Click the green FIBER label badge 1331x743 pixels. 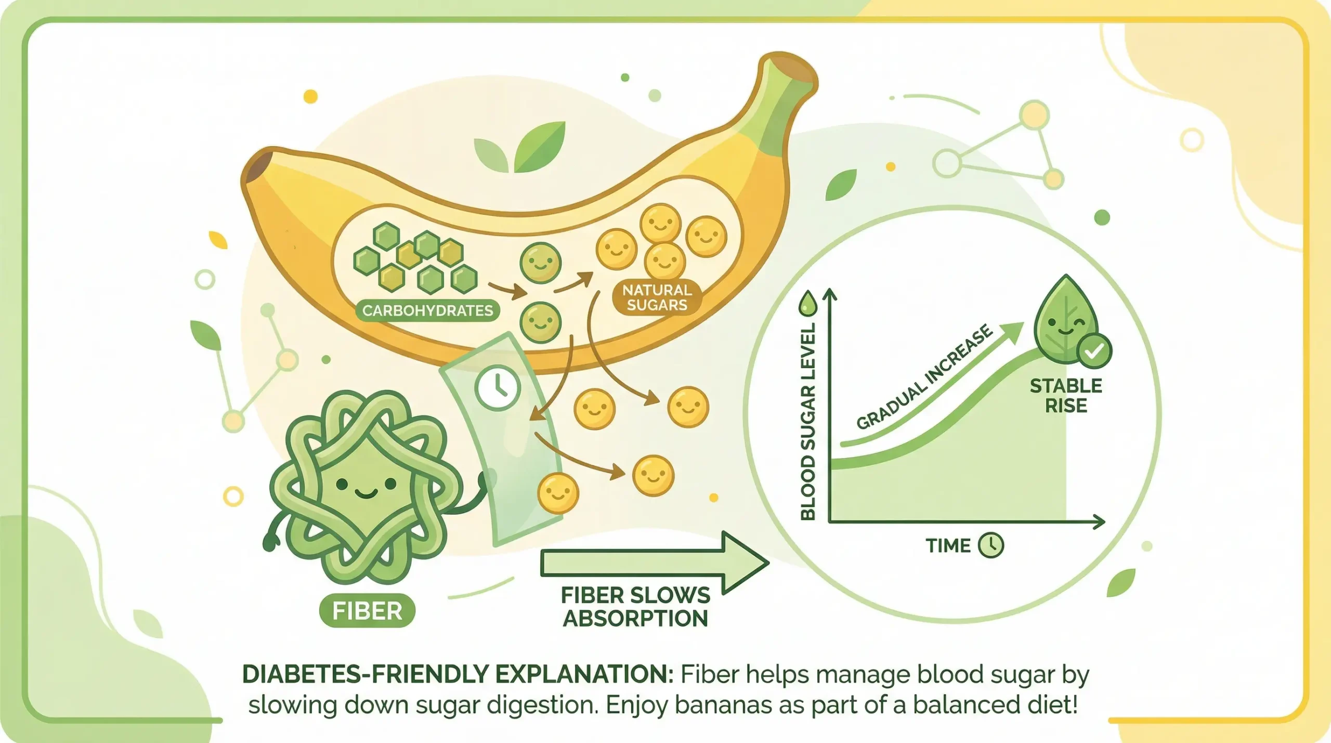[x=367, y=610]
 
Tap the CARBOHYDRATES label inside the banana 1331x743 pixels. [x=427, y=310]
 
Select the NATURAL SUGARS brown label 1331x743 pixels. [x=657, y=297]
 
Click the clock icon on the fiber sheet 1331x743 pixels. [x=498, y=388]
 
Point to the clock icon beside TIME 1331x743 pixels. [x=990, y=545]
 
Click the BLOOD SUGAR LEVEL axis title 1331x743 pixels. [x=808, y=421]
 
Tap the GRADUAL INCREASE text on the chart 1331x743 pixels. [x=924, y=377]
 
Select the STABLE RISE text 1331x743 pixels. [x=1066, y=395]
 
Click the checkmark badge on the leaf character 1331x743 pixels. [x=1094, y=352]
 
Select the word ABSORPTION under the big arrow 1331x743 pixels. [x=635, y=618]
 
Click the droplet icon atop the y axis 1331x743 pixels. [x=809, y=303]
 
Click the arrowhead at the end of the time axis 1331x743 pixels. [x=1098, y=522]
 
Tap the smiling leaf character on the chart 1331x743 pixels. [x=1063, y=322]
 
